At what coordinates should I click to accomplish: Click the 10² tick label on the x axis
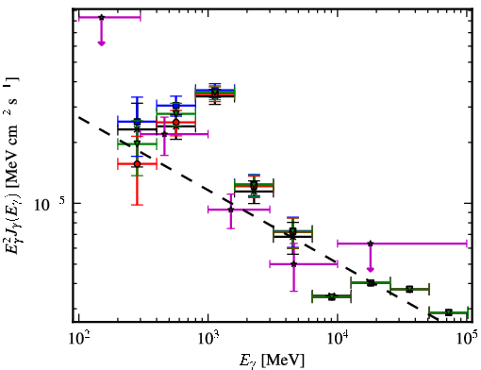78,339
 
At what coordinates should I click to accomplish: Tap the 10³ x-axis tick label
208,339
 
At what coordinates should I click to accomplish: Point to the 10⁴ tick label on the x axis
338,339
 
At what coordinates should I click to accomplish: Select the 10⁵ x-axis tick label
468,339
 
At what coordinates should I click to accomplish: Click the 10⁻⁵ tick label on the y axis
50,204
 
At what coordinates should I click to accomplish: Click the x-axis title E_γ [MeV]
272,361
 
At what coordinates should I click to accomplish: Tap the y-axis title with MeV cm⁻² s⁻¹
12,165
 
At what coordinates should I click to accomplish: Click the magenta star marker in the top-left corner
101,17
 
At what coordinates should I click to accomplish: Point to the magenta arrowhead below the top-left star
101,43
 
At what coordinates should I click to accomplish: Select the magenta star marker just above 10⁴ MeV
371,244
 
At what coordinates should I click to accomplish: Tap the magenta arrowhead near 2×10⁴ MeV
371,269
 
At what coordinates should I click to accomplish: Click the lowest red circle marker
137,164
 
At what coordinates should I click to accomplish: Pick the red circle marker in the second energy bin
176,122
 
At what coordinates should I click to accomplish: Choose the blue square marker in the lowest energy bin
137,122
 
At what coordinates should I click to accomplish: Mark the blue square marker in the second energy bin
176,106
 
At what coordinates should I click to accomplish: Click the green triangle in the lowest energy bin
137,143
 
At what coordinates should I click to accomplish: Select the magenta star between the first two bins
164,134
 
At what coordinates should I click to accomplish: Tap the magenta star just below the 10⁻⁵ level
231,210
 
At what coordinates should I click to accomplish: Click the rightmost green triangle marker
449,312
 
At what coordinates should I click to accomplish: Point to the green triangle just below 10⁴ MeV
332,296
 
